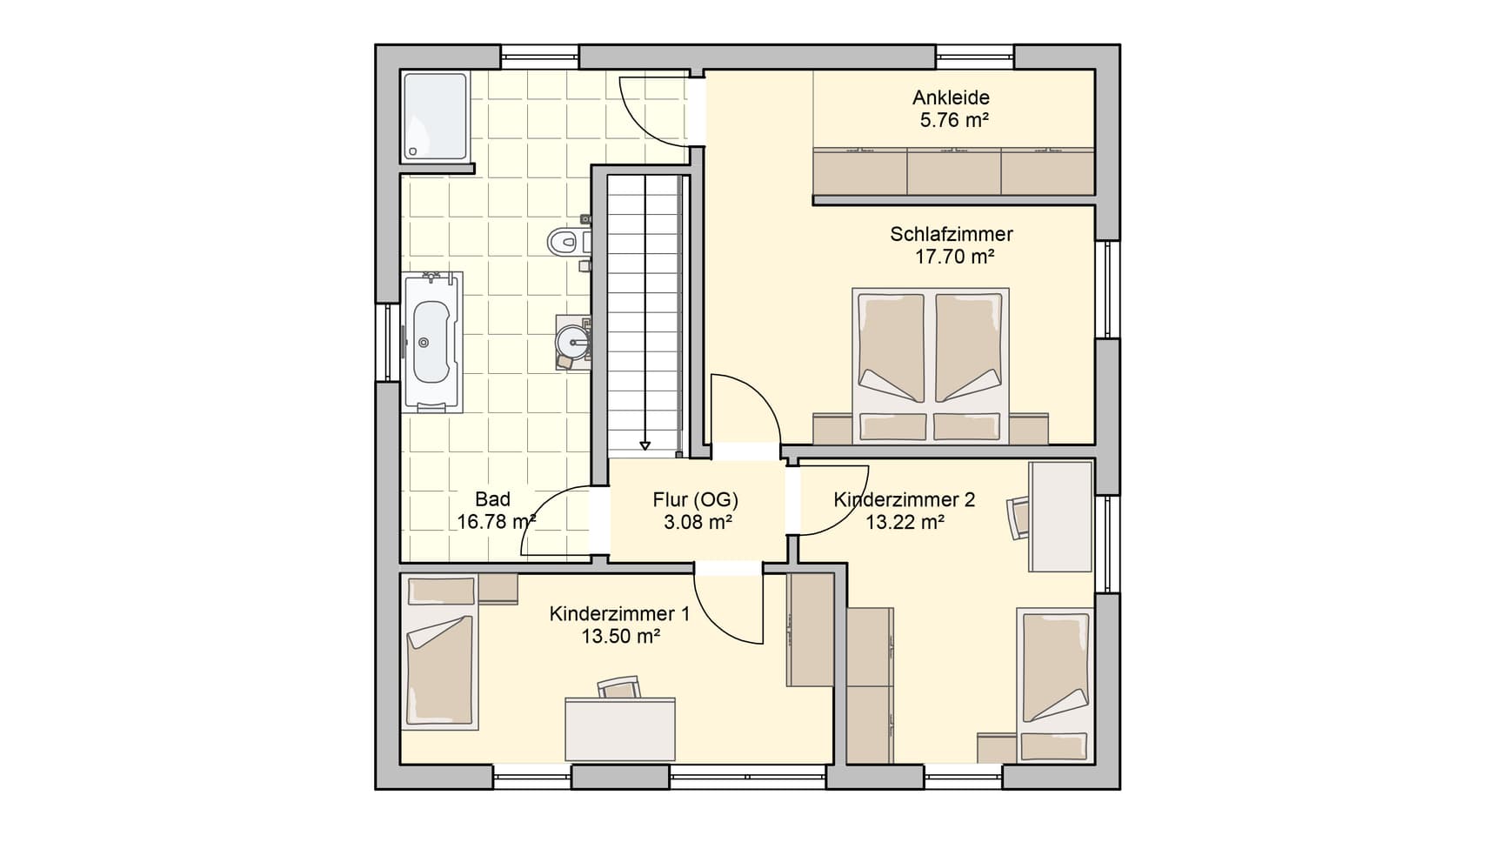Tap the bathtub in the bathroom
[x=431, y=342]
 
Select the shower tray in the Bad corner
[x=436, y=117]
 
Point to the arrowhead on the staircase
[x=644, y=445]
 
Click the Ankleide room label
[x=951, y=97]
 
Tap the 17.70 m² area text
[x=954, y=257]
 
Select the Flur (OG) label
[x=695, y=499]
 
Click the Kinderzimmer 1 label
[x=619, y=614]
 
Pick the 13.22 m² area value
[x=905, y=522]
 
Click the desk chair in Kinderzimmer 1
[x=619, y=687]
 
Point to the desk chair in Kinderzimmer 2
[x=1018, y=518]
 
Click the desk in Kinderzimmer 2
[x=1060, y=517]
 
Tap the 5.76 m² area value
[x=954, y=120]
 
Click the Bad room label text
[x=492, y=499]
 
